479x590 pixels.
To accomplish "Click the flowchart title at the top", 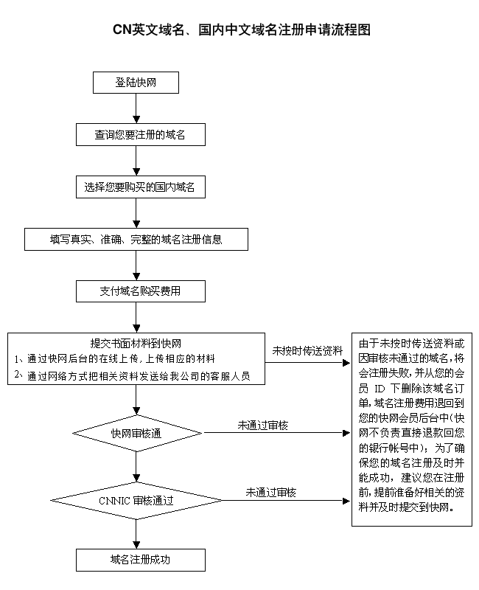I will (x=239, y=29).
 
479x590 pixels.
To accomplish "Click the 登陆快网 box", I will (x=136, y=83).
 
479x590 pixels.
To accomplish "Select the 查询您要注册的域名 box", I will (x=140, y=136).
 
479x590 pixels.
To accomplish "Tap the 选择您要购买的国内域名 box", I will (x=140, y=187).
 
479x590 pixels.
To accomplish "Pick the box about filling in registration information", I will (x=136, y=240).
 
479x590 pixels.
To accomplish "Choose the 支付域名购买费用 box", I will (x=140, y=291).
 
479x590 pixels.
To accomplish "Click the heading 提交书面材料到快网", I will (x=136, y=344).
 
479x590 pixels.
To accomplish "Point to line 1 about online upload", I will (x=116, y=359).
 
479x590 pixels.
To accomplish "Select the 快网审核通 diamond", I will (x=136, y=433).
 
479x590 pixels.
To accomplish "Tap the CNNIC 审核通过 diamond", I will (x=136, y=500).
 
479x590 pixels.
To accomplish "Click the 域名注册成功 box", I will (x=140, y=559).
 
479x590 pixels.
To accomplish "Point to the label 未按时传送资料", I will (x=307, y=350).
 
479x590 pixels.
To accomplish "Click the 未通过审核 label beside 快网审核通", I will (x=262, y=426).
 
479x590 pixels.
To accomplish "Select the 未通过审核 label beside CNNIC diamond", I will (x=271, y=492).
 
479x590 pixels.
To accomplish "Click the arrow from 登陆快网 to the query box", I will (x=136, y=108).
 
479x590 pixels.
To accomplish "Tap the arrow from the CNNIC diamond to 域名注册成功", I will (x=136, y=533).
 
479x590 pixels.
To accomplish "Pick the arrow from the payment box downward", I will (x=136, y=318).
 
